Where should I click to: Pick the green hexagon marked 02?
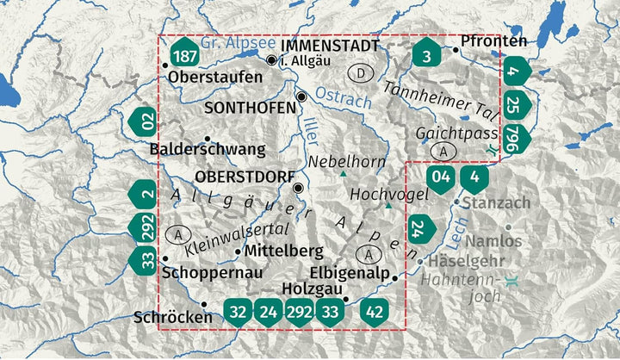tap(146, 121)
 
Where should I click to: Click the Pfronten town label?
tap(493, 40)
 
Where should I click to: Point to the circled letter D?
tap(362, 72)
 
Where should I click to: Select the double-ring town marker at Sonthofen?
tap(301, 96)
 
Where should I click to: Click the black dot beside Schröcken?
tap(204, 304)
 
